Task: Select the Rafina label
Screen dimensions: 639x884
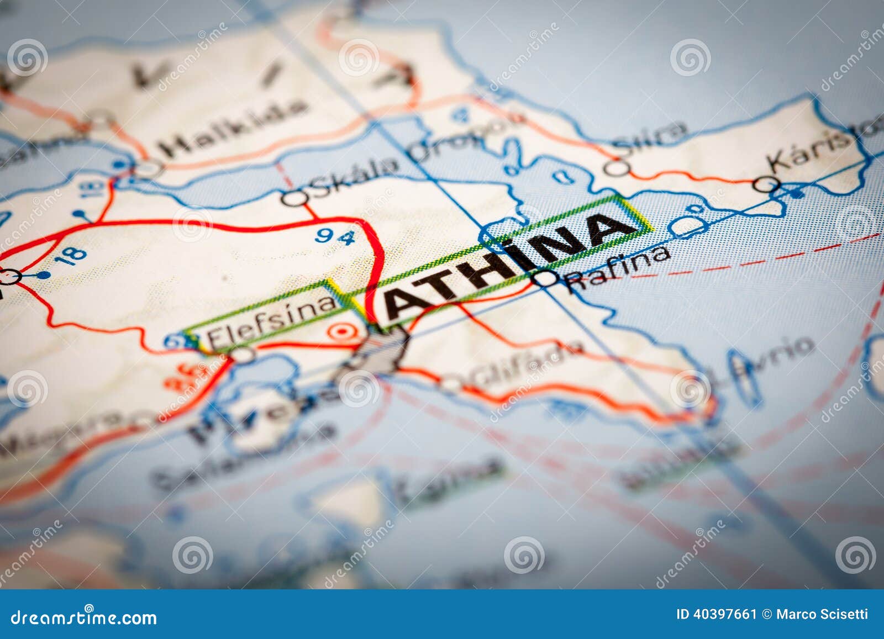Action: tap(619, 268)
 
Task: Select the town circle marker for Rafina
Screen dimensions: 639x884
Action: tap(547, 278)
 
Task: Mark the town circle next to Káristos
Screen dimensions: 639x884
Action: tap(769, 184)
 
